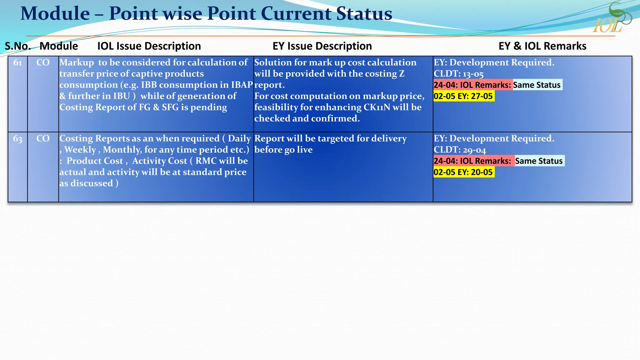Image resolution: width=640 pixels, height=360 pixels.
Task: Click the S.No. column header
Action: pos(18,46)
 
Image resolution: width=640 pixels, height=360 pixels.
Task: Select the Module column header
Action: pos(59,46)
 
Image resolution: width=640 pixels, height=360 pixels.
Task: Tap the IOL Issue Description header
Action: pos(149,46)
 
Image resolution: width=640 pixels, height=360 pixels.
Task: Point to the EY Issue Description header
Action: pos(322,46)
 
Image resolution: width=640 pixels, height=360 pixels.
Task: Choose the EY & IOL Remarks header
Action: pos(542,46)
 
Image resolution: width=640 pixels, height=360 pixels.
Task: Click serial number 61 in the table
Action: pos(18,62)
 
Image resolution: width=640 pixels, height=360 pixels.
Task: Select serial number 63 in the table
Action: pos(18,139)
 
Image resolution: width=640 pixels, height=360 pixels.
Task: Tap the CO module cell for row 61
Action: pos(43,62)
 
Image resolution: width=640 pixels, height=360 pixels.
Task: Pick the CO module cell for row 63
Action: pos(43,138)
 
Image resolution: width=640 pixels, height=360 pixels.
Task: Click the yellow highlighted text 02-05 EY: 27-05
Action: pos(463,96)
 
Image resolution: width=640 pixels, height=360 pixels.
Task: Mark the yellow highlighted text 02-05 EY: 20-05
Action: pos(463,172)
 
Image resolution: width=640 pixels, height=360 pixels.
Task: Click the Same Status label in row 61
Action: pos(537,85)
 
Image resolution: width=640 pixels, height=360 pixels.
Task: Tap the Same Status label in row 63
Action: pos(539,161)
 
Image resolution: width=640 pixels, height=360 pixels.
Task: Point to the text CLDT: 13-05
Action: pos(458,74)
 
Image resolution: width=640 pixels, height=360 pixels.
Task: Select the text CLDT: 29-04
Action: pos(460,150)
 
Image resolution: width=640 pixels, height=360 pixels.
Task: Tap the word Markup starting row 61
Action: pos(77,62)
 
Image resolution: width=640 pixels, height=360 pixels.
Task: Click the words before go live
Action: pos(283,150)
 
